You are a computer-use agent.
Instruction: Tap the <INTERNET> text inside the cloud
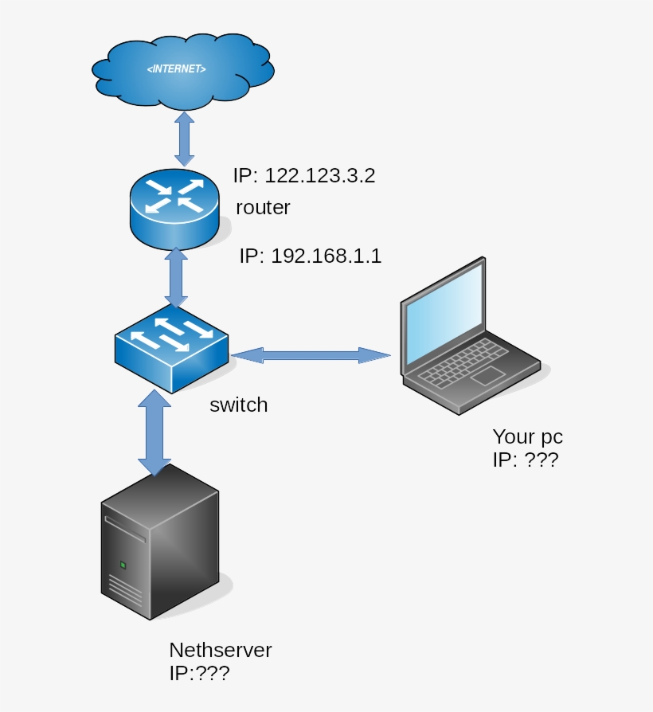(x=176, y=70)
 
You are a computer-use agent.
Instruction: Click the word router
(x=263, y=208)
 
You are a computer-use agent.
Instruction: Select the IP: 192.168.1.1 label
(x=311, y=256)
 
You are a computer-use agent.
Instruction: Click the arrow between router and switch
(x=175, y=277)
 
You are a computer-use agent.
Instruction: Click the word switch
(x=238, y=405)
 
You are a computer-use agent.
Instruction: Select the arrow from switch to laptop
(x=311, y=355)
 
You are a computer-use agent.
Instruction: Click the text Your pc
(x=527, y=436)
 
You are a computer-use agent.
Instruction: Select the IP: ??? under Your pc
(x=525, y=460)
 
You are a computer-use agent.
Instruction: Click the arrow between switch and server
(x=154, y=431)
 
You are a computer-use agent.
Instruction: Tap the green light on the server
(x=123, y=565)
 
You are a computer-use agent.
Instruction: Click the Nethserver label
(x=220, y=650)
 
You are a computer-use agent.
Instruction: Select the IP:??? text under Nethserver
(x=199, y=673)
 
